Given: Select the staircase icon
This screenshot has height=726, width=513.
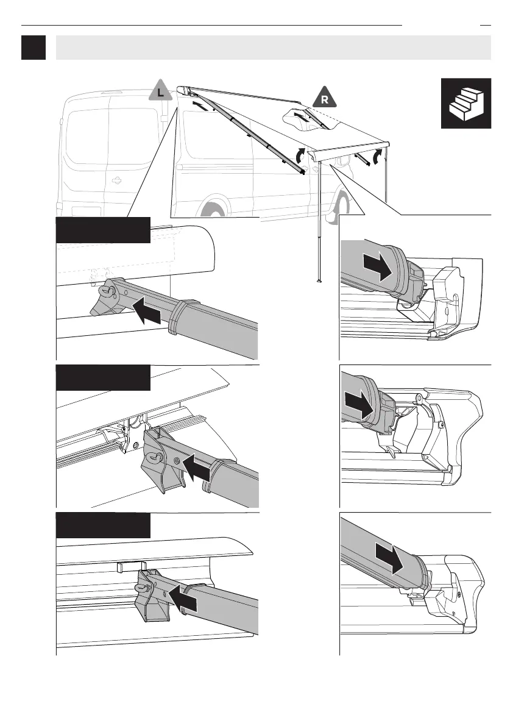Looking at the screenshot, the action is point(466,103).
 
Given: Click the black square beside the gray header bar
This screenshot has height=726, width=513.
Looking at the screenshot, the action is point(34,48).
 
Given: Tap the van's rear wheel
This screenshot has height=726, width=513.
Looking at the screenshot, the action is point(214,210).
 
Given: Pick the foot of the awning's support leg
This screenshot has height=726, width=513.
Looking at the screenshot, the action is point(318,281).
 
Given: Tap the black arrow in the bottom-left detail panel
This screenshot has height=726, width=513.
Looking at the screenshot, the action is point(183,597).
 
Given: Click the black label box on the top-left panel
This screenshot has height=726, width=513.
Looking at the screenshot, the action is point(103,229).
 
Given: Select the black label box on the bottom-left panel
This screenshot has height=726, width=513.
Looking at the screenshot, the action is point(103,525).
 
